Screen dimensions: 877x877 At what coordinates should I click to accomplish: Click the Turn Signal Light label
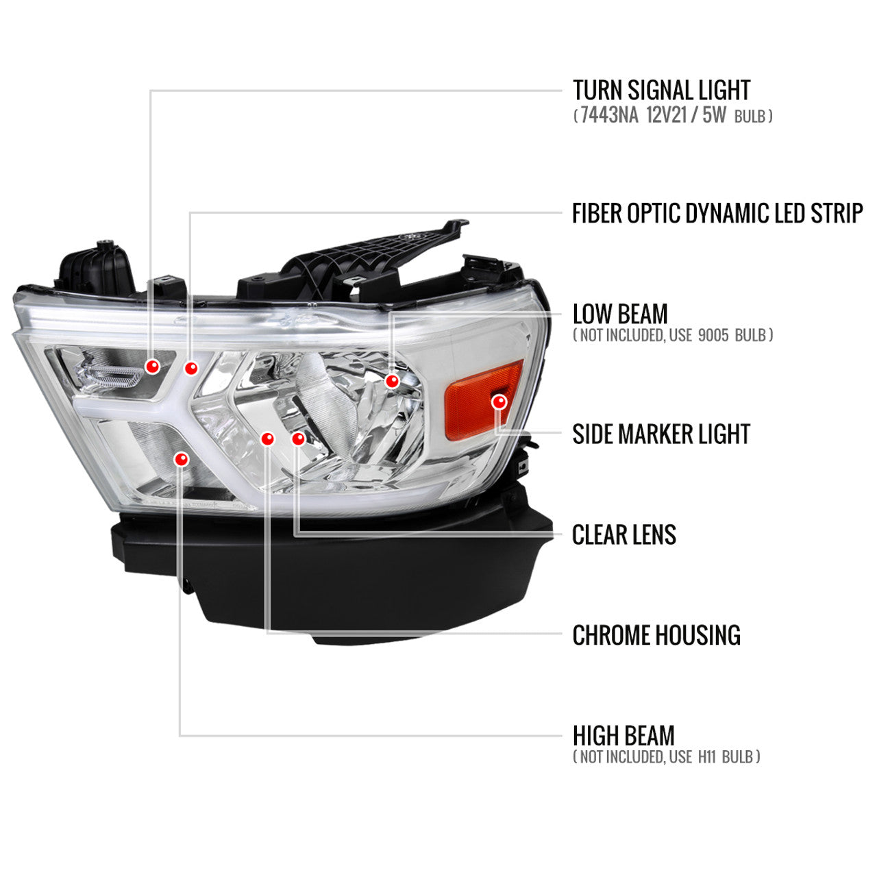coord(660,90)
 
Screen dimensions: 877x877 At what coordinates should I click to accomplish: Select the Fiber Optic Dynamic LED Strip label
coord(717,213)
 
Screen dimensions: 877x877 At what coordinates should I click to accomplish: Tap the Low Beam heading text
coord(620,314)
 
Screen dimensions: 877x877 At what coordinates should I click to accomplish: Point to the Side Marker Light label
coord(660,434)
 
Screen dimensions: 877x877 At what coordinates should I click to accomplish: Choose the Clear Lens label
coord(624,534)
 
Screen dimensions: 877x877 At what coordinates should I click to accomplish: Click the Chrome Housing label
coord(656,635)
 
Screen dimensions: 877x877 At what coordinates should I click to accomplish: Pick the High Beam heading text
coord(623,736)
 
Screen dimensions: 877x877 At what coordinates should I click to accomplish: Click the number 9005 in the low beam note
coord(713,336)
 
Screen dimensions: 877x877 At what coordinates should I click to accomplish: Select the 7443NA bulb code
coord(609,115)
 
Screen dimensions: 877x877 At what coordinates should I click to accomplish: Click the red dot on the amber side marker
coord(499,402)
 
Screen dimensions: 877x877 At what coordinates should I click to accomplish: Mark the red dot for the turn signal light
coord(153,366)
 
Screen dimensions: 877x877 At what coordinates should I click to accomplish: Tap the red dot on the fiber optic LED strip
coord(191,368)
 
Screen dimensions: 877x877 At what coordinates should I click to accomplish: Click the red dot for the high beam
coord(181,459)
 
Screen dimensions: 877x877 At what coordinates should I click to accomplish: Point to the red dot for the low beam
coord(392,381)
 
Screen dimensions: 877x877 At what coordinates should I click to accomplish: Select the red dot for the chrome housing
coord(268,438)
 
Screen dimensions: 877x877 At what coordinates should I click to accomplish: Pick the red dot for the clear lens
coord(298,438)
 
